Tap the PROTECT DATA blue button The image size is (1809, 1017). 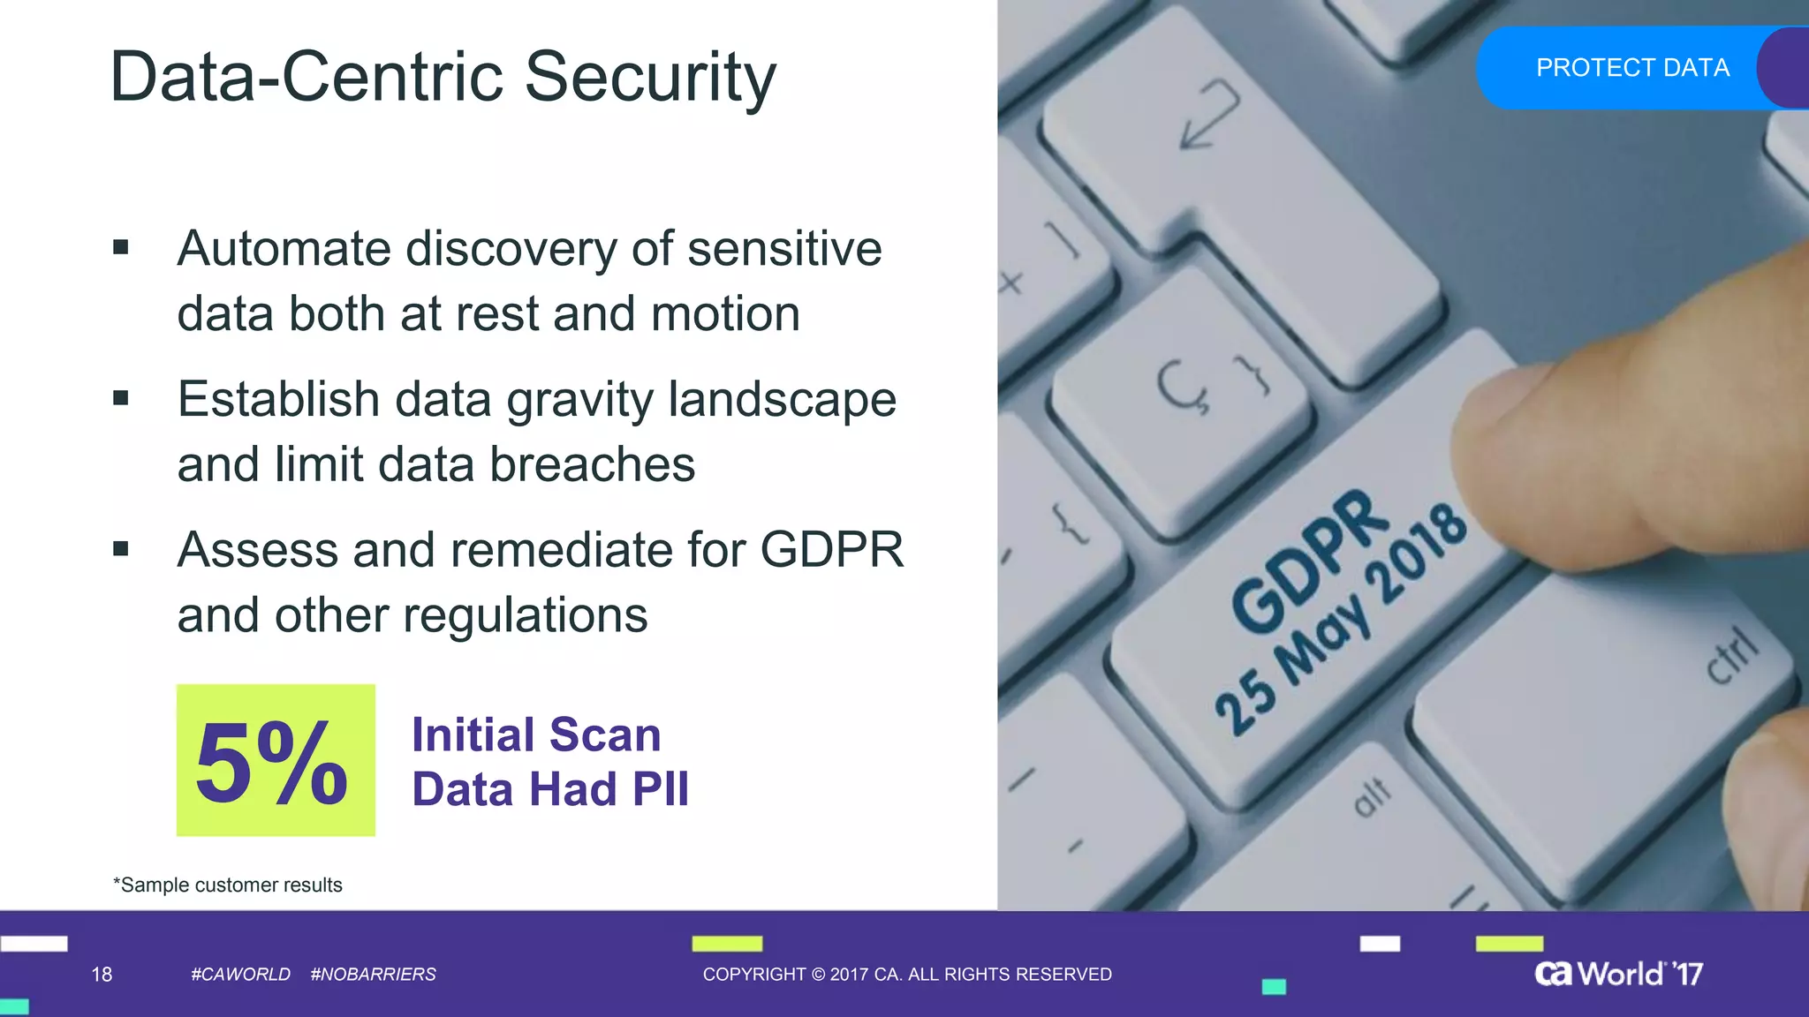click(x=1631, y=68)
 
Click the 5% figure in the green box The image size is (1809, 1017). click(x=273, y=762)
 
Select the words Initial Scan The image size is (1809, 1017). click(x=536, y=735)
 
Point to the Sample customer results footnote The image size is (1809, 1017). click(x=228, y=885)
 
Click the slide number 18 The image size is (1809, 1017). click(x=102, y=975)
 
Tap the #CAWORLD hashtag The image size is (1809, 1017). click(x=240, y=975)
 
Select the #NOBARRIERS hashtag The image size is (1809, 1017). click(x=373, y=975)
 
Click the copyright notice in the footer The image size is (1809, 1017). click(x=906, y=975)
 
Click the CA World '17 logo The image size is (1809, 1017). click(x=1618, y=974)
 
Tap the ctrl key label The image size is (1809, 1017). click(x=1731, y=655)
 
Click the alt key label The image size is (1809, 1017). click(x=1372, y=796)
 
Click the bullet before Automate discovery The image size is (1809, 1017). click(x=121, y=248)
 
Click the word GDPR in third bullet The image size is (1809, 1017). click(x=831, y=550)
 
